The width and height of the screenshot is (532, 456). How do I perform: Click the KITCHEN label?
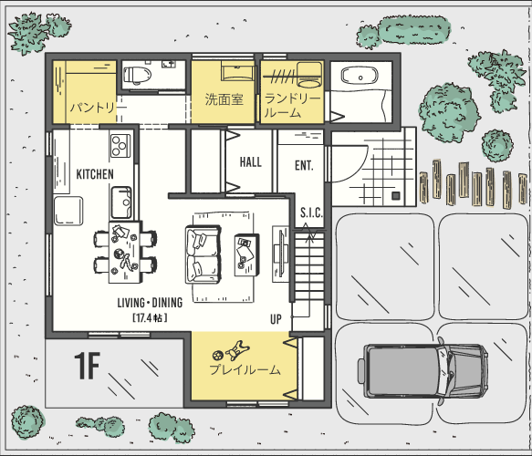[95, 174]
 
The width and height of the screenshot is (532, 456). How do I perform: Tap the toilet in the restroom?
[138, 75]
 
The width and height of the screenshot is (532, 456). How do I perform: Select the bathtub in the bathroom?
[360, 76]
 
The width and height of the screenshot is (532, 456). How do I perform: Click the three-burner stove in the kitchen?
[120, 145]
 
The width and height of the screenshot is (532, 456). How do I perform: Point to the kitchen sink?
[121, 202]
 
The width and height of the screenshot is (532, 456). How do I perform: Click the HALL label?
[251, 162]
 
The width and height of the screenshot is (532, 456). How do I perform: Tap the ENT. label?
[304, 165]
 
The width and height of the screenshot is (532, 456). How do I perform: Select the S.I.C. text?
[311, 212]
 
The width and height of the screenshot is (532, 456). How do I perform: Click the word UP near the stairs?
[276, 319]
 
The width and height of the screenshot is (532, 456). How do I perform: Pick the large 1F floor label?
[87, 366]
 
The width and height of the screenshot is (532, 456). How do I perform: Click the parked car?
[423, 370]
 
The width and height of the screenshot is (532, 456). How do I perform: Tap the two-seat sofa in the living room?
[203, 254]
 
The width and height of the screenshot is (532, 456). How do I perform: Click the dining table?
[124, 253]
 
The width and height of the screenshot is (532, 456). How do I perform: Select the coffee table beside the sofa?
[246, 255]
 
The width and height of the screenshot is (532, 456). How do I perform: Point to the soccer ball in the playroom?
[217, 355]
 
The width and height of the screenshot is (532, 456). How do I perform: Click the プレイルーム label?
[245, 369]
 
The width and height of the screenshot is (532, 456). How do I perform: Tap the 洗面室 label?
[224, 99]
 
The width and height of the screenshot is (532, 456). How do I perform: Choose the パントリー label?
[98, 108]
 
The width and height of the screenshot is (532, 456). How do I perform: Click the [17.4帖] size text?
[150, 317]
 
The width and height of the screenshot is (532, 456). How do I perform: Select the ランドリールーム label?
[293, 105]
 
